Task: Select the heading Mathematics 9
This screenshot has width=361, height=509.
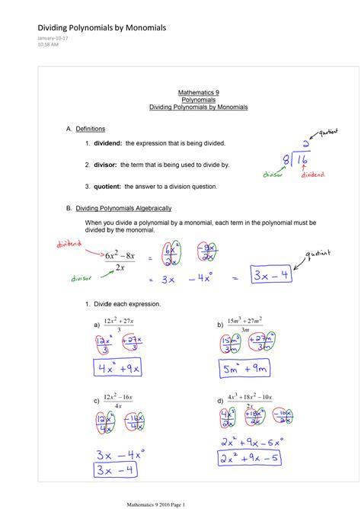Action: (198, 91)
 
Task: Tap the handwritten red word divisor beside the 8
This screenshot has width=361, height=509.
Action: (273, 174)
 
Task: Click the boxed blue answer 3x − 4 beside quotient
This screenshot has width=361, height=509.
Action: (271, 275)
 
